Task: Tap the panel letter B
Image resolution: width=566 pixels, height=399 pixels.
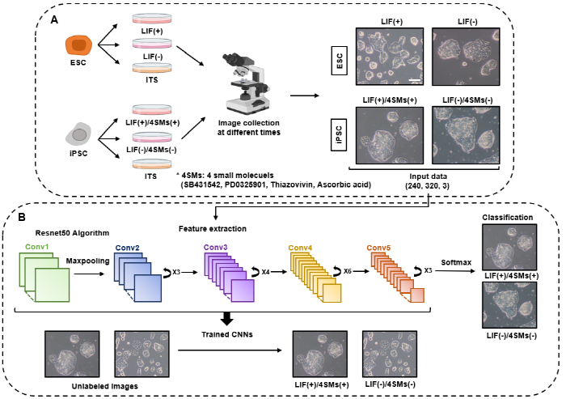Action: [x=27, y=216]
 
